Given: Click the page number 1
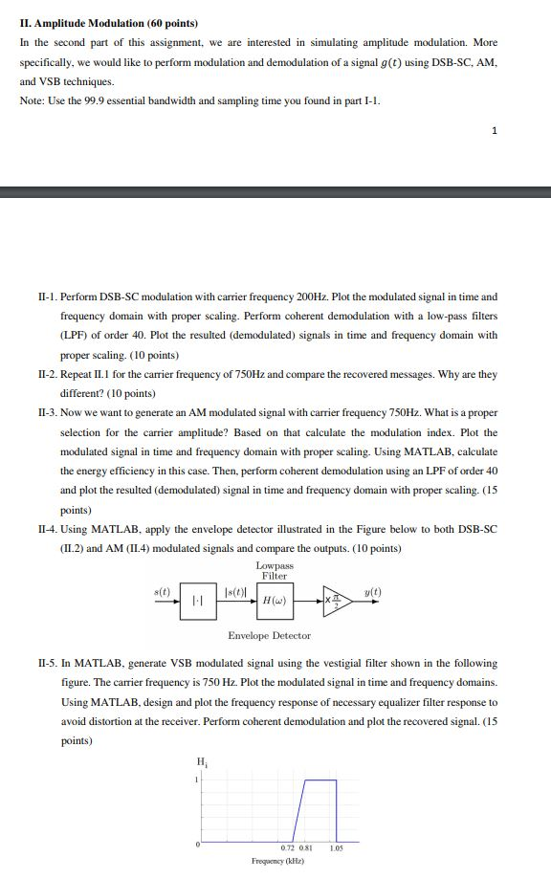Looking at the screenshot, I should point(494,131).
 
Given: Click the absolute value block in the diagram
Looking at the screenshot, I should point(197,602).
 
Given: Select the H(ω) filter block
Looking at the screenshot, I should point(275,601).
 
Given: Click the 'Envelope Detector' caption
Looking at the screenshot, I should point(269,636).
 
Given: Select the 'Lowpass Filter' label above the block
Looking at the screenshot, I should point(275,570).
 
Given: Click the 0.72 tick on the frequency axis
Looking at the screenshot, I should point(287,848).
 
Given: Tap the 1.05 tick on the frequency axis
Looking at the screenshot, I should point(337,848).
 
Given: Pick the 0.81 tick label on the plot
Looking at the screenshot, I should point(305,848).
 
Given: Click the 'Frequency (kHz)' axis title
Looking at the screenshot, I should point(278,862).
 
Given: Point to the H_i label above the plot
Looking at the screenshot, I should point(201,761).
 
